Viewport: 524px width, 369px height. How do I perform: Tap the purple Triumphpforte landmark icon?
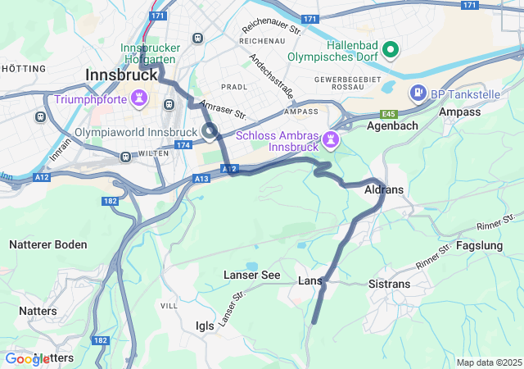coord(141,100)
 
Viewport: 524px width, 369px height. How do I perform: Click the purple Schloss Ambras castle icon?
coord(329,139)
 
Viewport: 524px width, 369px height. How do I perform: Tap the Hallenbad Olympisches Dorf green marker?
coord(391,51)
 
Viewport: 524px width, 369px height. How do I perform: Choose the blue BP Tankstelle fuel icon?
coord(418,93)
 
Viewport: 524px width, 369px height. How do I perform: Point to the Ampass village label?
coord(460,112)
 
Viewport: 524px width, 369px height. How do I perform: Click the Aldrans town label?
coord(383,189)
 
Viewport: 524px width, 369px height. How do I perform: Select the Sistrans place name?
coord(390,284)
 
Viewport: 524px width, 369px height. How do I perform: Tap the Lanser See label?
coord(252,276)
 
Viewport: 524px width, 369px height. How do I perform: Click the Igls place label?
coord(205,326)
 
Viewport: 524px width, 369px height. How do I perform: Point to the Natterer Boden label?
coord(47,244)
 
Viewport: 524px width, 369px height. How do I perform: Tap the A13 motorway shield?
coord(202,178)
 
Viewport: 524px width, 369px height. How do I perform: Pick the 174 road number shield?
coord(182,144)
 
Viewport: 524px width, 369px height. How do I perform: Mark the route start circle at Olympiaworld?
coord(210,129)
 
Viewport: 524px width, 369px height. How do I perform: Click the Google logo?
coord(27,358)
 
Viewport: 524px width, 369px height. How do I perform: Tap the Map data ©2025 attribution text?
coord(489,362)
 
